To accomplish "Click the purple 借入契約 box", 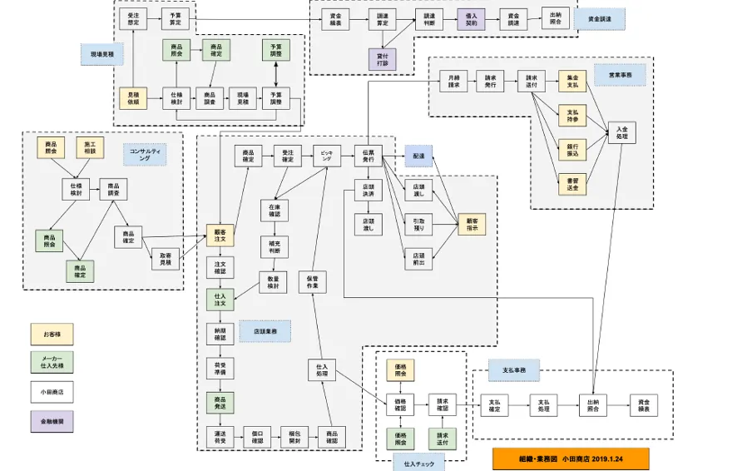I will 471,18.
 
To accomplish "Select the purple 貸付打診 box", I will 382,59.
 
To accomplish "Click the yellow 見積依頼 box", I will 133,99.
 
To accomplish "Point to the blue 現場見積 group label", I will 102,54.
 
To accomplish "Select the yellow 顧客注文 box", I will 220,235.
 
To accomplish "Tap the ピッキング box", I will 327,154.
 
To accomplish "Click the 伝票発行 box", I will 368,155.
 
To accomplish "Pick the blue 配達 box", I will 419,156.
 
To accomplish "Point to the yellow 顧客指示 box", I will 472,224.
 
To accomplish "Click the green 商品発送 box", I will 220,404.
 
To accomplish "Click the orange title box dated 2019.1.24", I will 570,459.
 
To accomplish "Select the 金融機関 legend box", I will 52,422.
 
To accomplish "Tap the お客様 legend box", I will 52,335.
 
